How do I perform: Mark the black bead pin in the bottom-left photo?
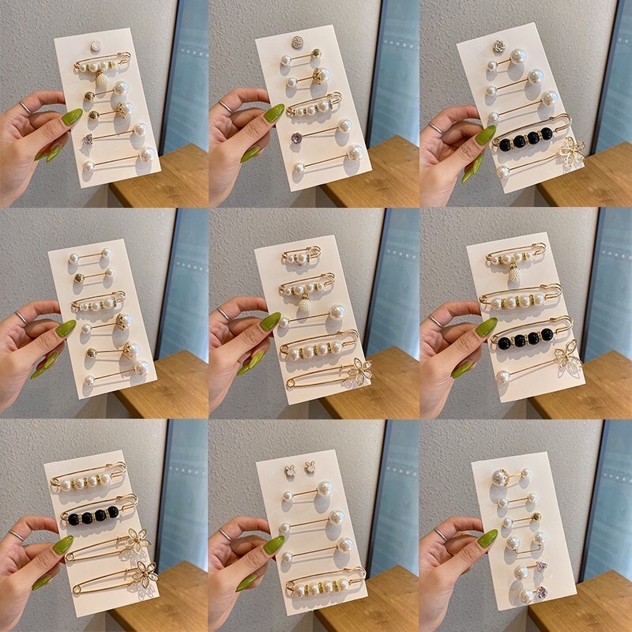click(x=99, y=516)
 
